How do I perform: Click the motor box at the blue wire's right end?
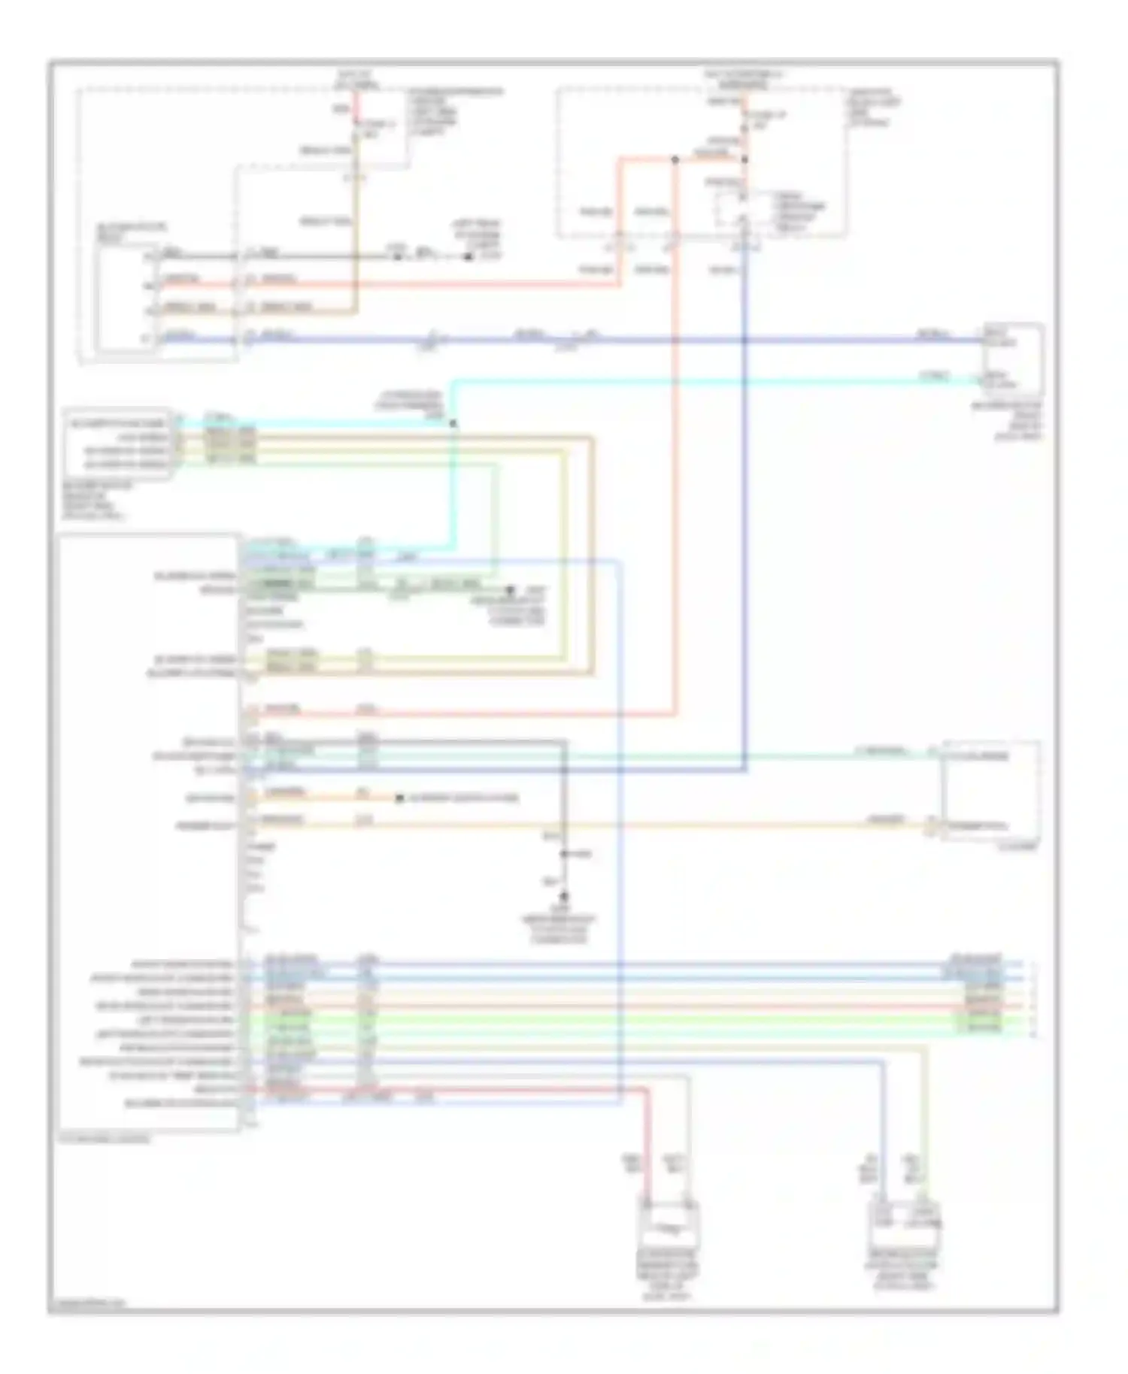(1012, 360)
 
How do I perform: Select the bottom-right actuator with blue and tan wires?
(903, 1226)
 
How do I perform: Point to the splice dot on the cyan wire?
(453, 424)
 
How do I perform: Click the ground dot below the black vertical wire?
(564, 897)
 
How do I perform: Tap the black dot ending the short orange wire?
(400, 797)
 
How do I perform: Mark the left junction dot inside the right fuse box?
(675, 159)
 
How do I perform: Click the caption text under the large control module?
(105, 1139)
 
